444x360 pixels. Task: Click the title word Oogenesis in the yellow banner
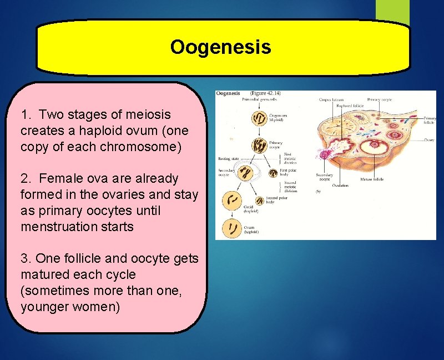[220, 47]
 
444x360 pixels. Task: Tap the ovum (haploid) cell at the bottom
[232, 228]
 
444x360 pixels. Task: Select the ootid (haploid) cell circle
[232, 201]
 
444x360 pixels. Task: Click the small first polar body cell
[273, 173]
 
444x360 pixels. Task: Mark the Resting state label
[228, 159]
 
